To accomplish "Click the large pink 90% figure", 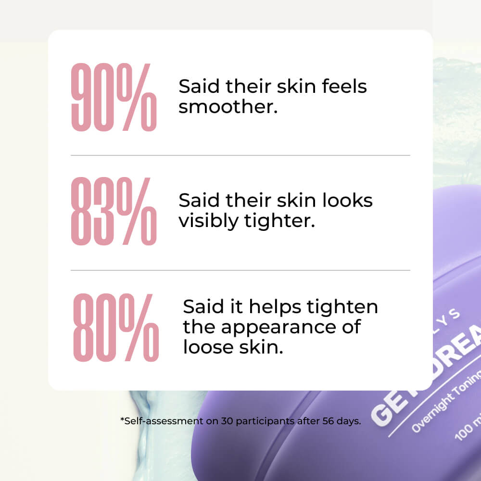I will click(114, 98).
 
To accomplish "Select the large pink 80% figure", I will click(115, 328).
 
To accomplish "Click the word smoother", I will click(228, 106).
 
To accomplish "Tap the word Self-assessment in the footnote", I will click(158, 421).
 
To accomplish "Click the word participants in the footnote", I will click(261, 421).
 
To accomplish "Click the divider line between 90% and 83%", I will click(240, 155).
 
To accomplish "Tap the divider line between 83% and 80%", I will click(240, 270).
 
